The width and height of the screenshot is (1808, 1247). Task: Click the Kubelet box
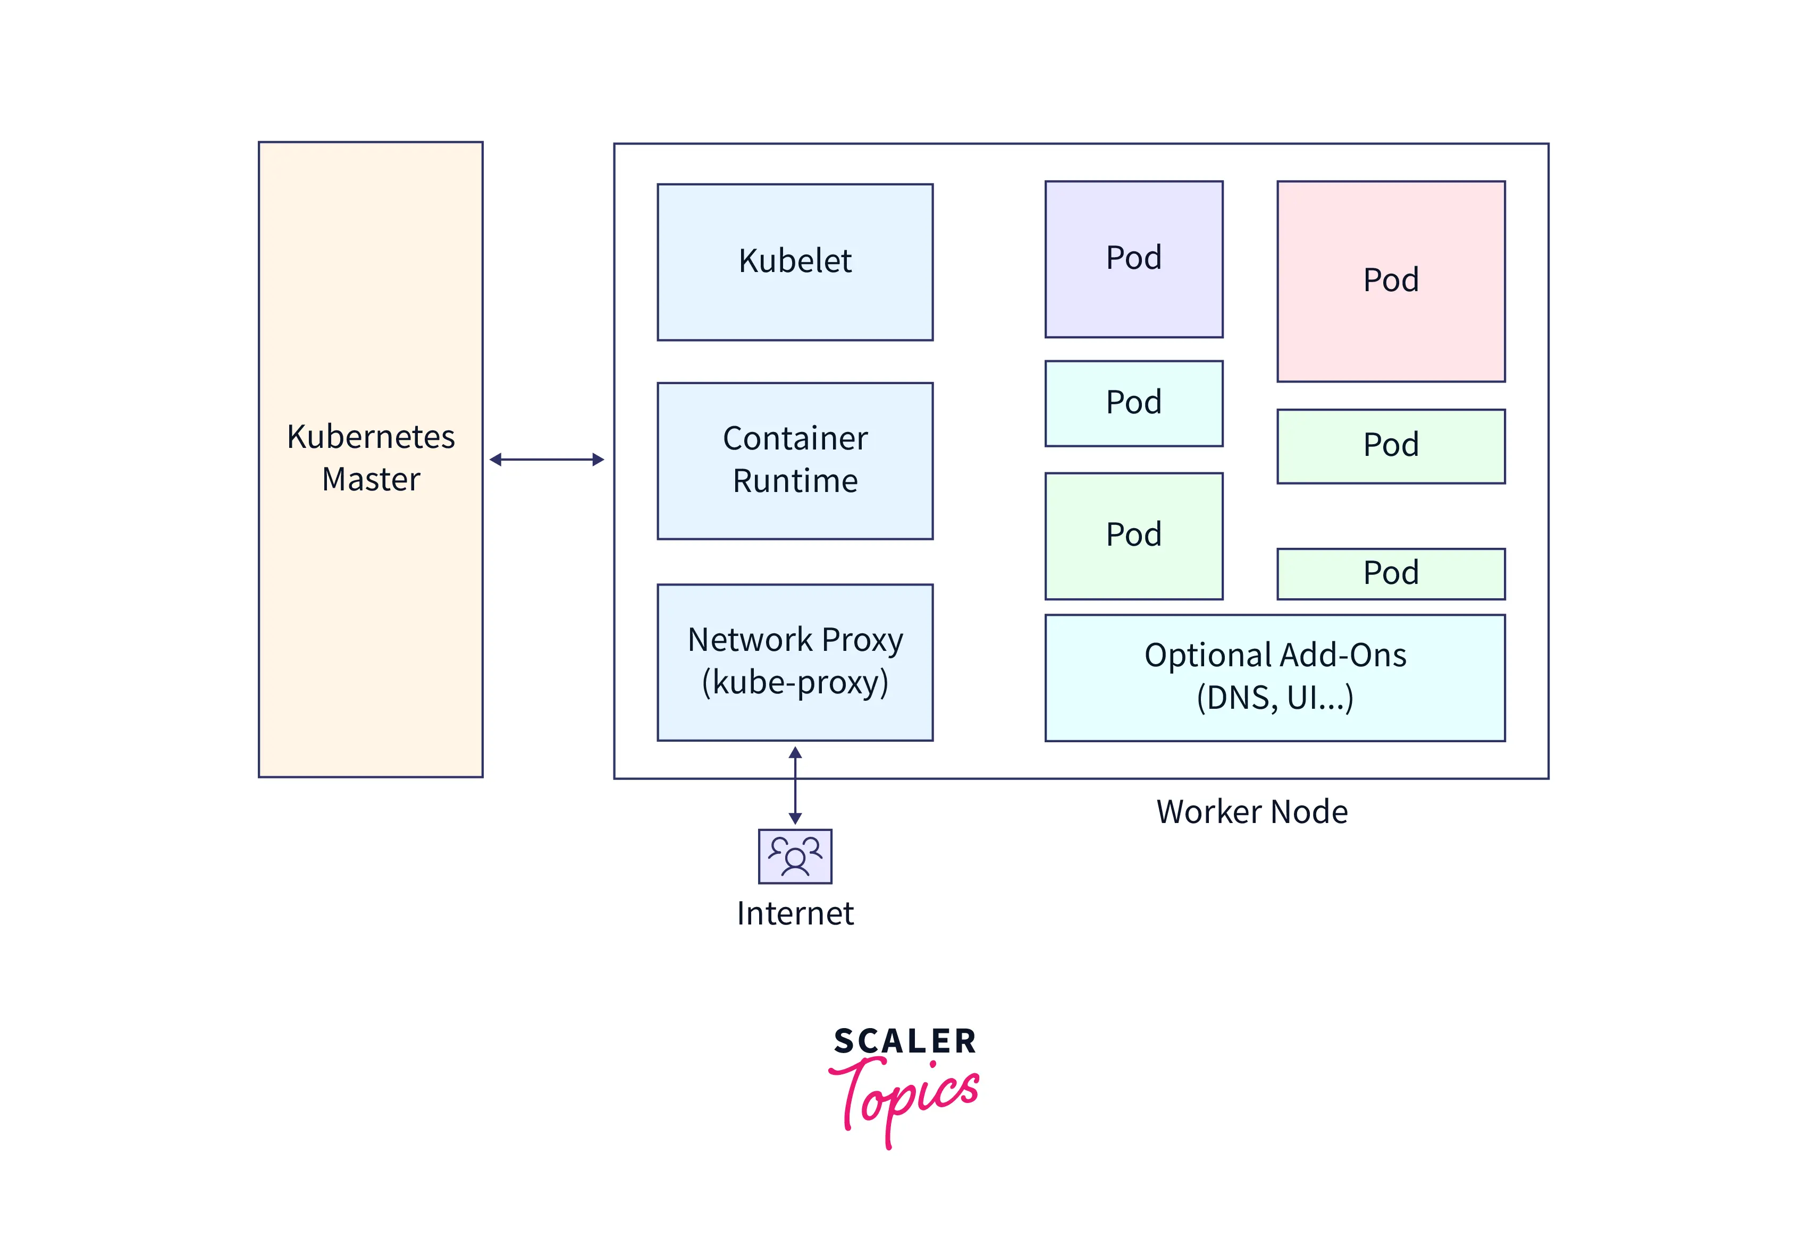tap(794, 262)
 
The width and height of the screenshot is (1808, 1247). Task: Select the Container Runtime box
tap(794, 460)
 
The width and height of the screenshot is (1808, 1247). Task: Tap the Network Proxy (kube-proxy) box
tap(794, 662)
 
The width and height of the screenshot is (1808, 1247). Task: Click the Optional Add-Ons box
tap(1274, 677)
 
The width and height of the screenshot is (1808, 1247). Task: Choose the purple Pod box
tap(1133, 259)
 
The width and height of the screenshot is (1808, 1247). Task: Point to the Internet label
tap(794, 913)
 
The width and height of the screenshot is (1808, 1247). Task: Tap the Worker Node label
tap(1251, 812)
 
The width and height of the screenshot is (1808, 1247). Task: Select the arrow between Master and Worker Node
tap(546, 460)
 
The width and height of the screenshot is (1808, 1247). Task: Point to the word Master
tap(371, 479)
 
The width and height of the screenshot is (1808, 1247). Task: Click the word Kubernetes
tap(371, 437)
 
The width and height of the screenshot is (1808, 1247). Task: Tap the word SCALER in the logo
tap(904, 1041)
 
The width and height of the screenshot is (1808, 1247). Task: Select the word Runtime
tap(794, 480)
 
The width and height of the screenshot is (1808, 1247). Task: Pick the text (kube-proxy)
tap(794, 682)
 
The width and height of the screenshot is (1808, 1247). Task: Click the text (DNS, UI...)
tap(1274, 697)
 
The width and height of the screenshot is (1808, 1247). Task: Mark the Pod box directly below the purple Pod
tap(1133, 403)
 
